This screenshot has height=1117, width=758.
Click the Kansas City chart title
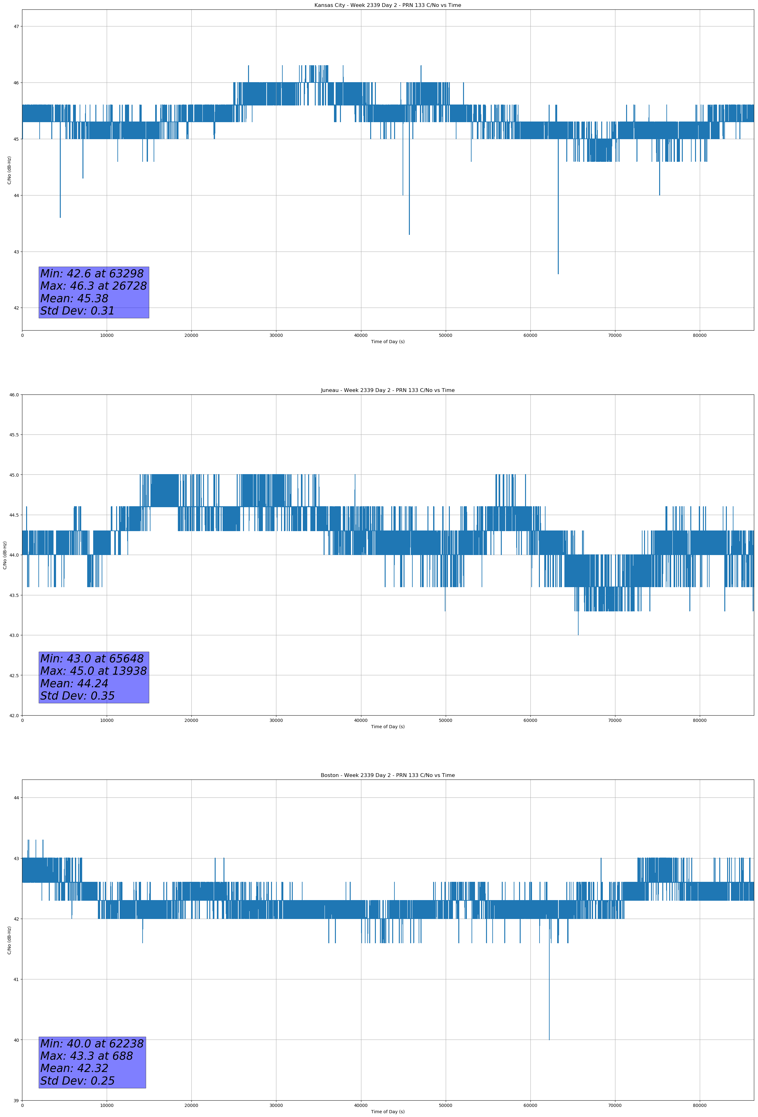[x=387, y=5]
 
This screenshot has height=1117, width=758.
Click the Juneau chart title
[x=387, y=390]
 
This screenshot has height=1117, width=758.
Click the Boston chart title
[x=387, y=775]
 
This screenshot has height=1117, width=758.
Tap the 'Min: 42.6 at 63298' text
[x=92, y=274]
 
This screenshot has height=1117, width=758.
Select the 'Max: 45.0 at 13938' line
[x=93, y=671]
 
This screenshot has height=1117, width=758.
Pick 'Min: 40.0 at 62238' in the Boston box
[x=92, y=1043]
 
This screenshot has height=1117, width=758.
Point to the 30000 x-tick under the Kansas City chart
[x=276, y=336]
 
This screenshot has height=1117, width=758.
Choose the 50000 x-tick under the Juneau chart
[x=445, y=720]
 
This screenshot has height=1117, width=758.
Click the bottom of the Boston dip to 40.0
[x=549, y=1039]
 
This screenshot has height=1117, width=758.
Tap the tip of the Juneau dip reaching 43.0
[x=578, y=634]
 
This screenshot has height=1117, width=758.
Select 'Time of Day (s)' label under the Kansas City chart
[x=387, y=342]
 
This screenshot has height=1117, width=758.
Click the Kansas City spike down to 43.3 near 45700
[x=409, y=234]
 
